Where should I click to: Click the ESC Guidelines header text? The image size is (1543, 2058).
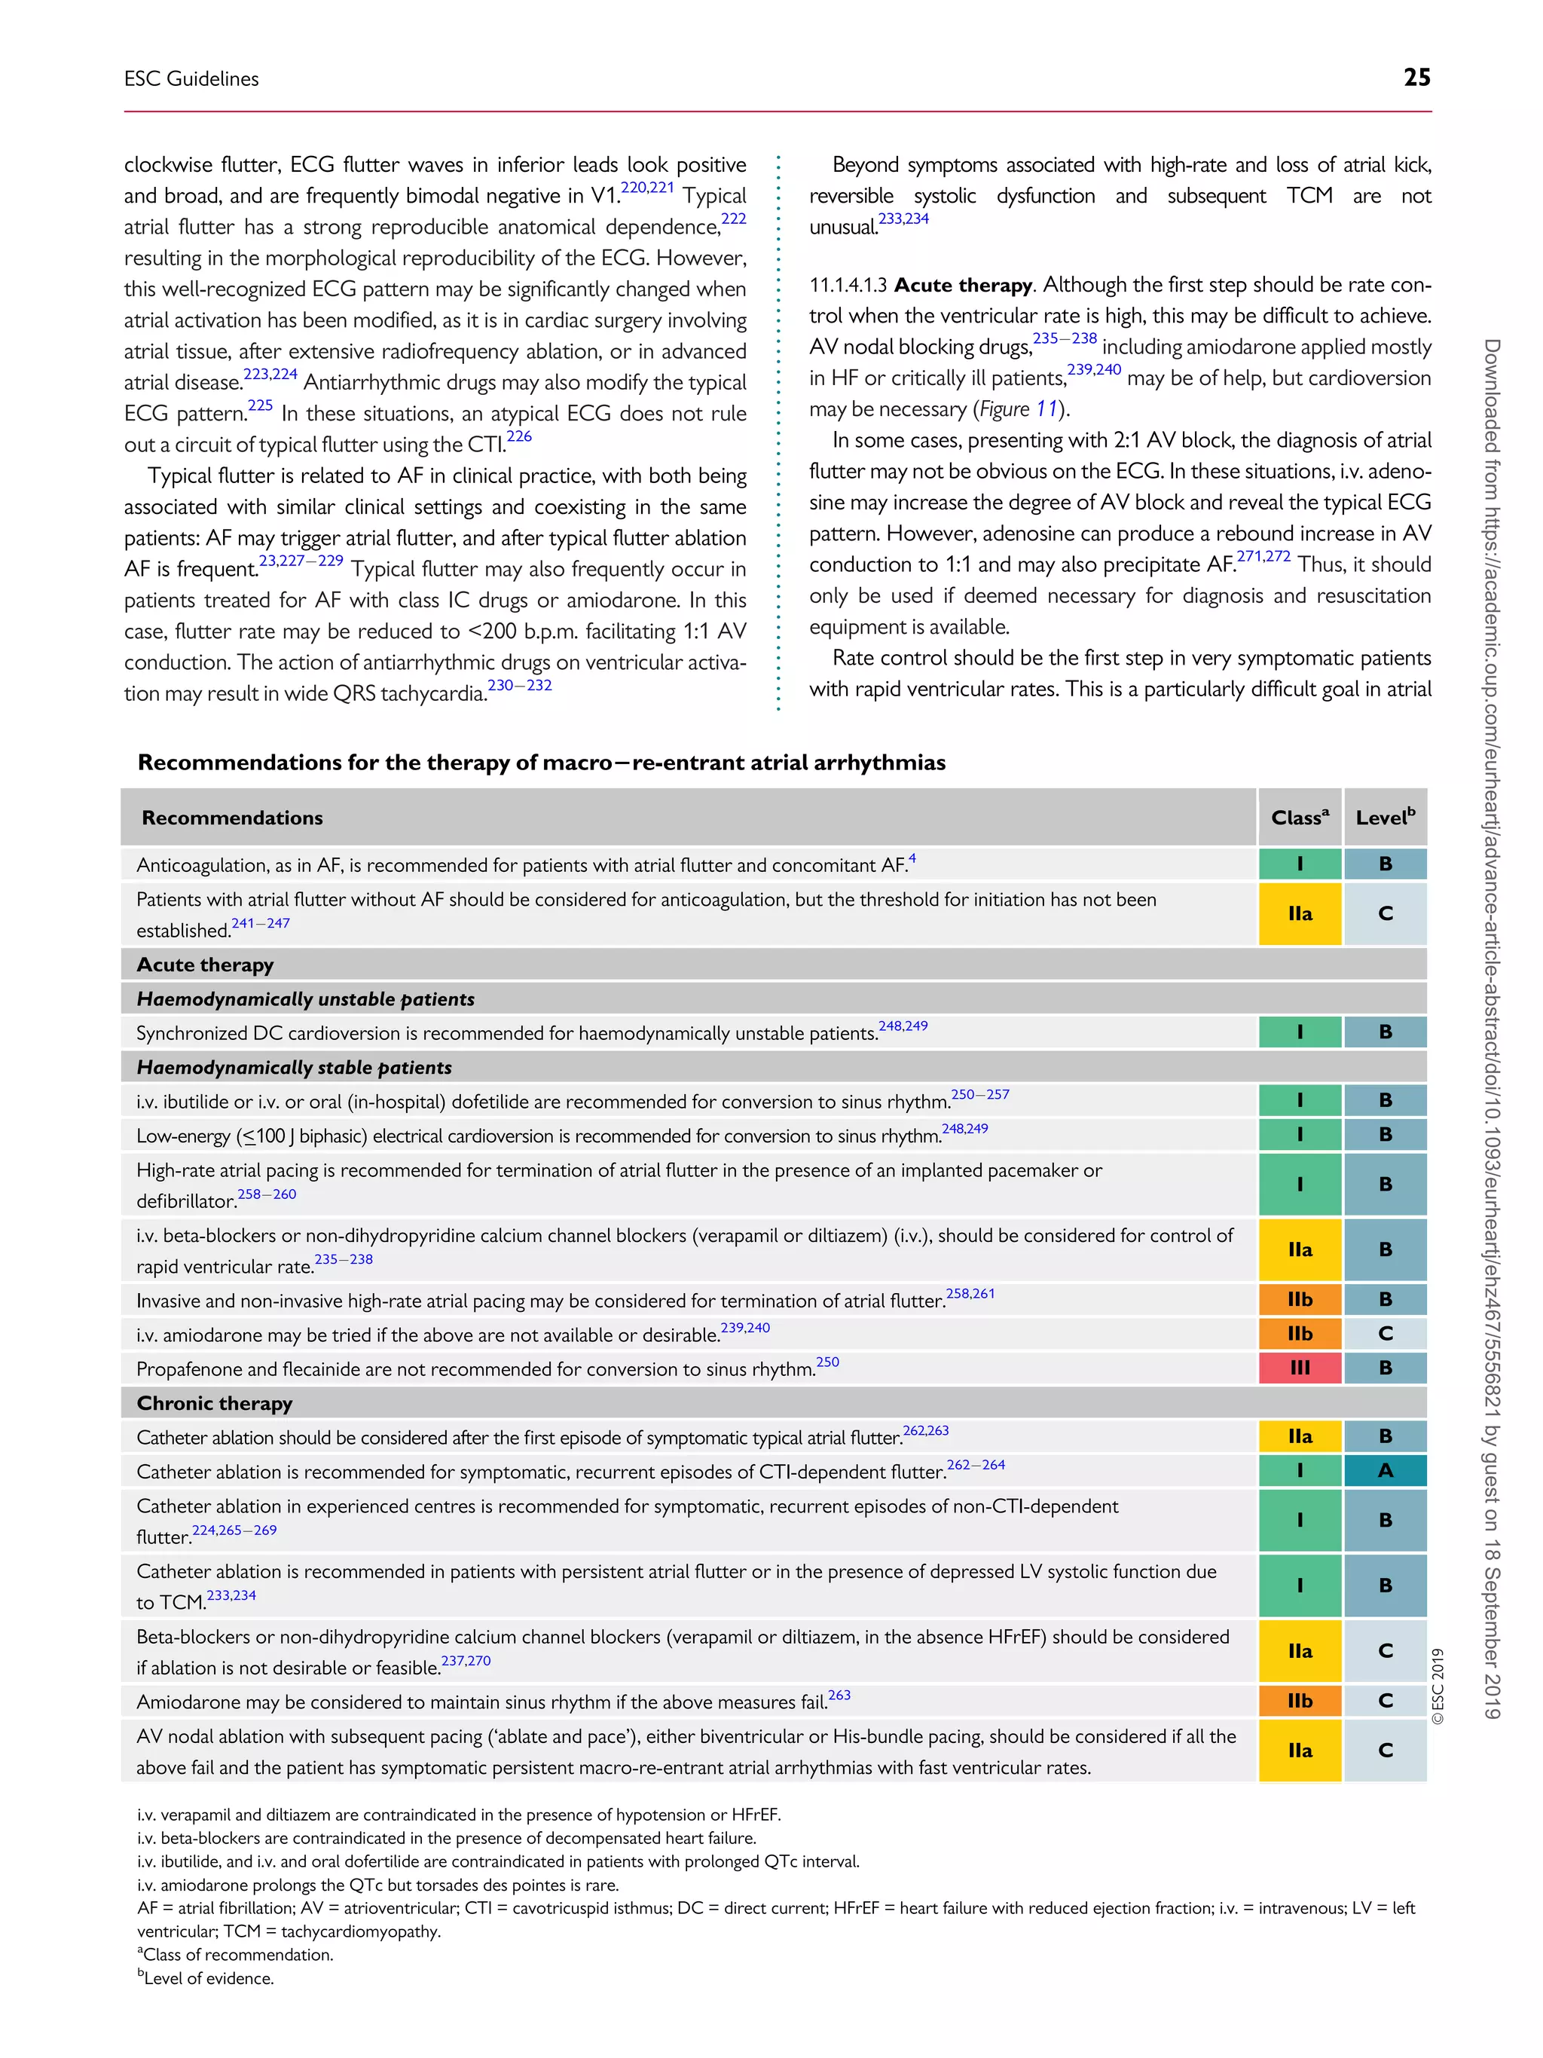[191, 79]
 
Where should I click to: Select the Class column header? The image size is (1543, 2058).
[1298, 817]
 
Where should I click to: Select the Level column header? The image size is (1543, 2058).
[1384, 817]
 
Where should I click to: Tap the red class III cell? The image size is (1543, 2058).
[1300, 1368]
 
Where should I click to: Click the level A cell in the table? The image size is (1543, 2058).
[1385, 1470]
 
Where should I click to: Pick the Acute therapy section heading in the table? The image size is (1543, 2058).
[205, 965]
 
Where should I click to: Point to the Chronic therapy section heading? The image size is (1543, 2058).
[214, 1403]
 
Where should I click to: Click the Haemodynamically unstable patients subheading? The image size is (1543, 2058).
[305, 999]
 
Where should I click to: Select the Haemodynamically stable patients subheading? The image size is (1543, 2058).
[294, 1067]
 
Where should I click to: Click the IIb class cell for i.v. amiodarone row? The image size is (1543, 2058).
[1300, 1333]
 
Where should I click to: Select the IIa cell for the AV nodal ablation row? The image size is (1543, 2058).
[1300, 1750]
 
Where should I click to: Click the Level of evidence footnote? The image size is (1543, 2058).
[206, 1978]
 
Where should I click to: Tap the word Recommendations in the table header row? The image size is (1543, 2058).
[231, 818]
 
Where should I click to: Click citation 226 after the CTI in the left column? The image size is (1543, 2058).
[519, 436]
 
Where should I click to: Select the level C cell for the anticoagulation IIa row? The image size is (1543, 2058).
[1385, 913]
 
